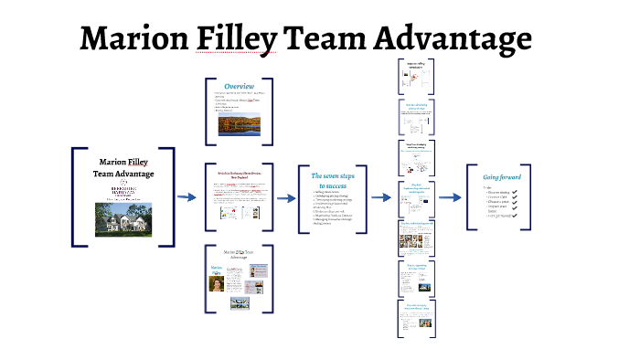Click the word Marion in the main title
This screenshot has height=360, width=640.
(131, 39)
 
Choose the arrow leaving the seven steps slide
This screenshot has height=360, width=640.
(377, 197)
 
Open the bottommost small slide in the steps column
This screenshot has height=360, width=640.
(416, 312)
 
